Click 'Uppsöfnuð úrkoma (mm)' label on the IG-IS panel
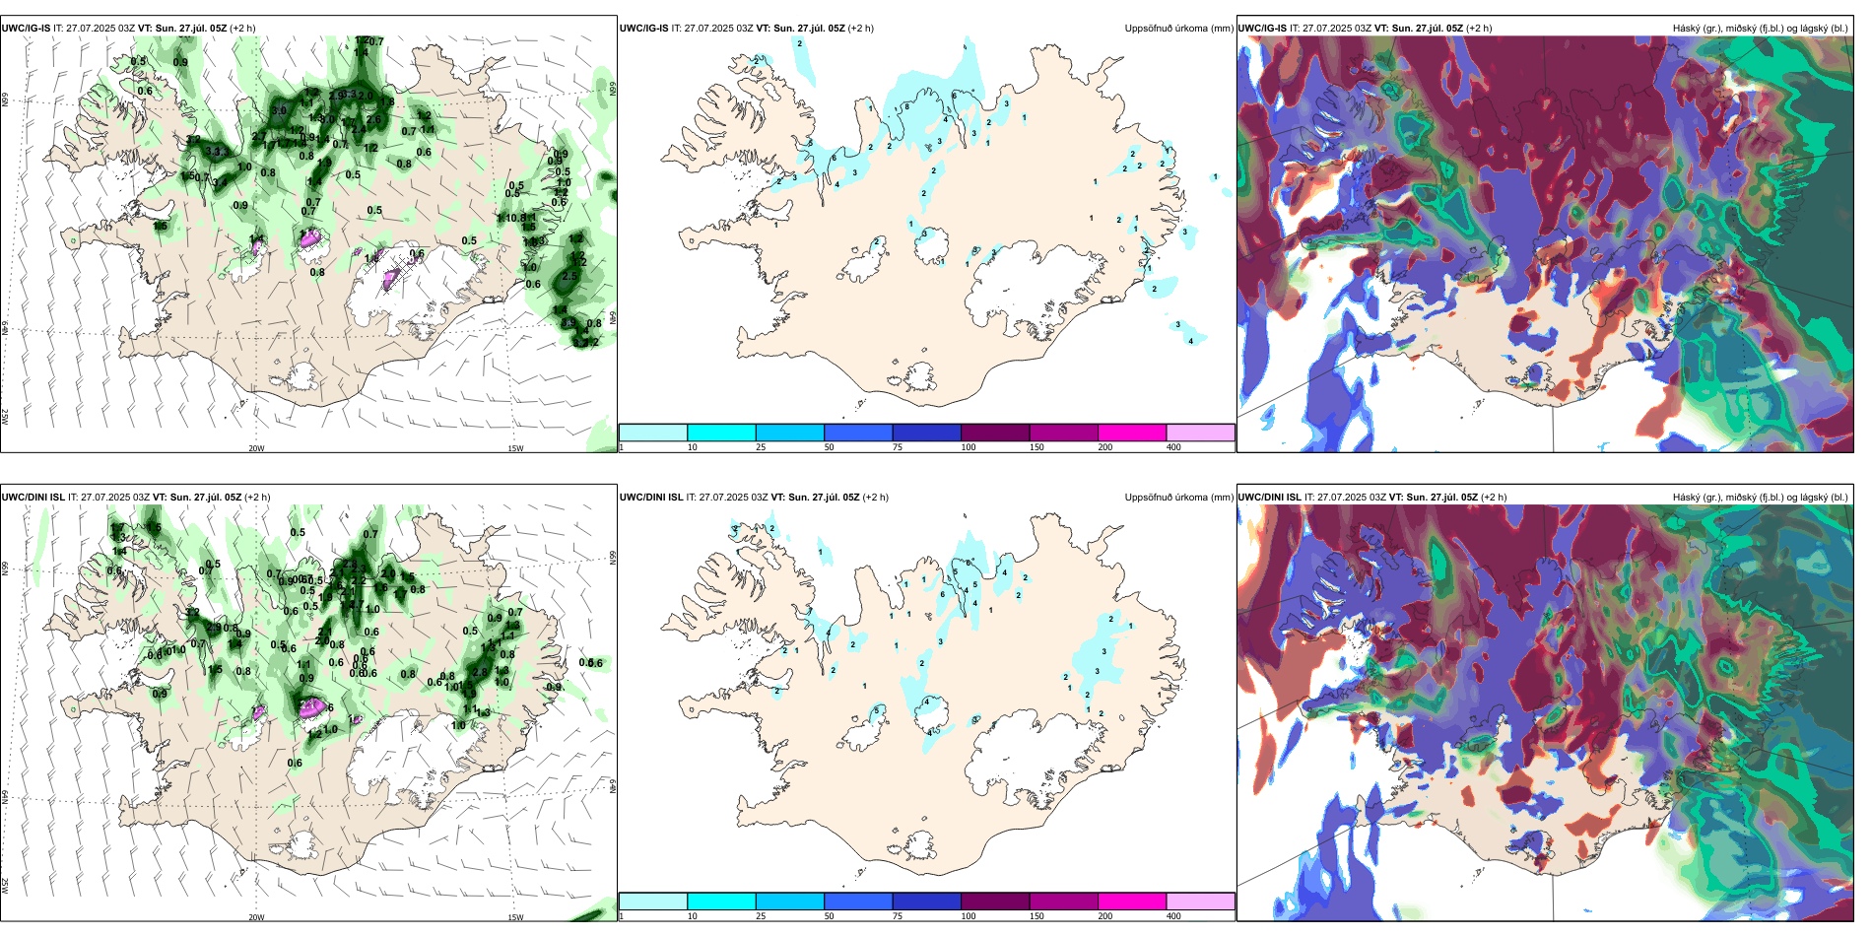(1178, 29)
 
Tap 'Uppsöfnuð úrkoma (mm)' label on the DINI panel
(1178, 498)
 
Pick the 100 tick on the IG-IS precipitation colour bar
(968, 447)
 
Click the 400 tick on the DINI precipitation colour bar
(1173, 916)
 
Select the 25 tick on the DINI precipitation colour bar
(761, 916)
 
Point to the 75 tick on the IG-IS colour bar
(898, 447)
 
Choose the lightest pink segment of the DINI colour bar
(1200, 902)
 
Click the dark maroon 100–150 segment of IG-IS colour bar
(995, 433)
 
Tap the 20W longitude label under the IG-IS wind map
(256, 448)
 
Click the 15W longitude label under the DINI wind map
(515, 917)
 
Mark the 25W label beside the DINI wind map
(5, 886)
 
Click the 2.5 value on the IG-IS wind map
(569, 277)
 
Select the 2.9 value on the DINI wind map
(214, 628)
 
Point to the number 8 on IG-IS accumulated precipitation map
(906, 107)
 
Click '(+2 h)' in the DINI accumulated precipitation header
(875, 498)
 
